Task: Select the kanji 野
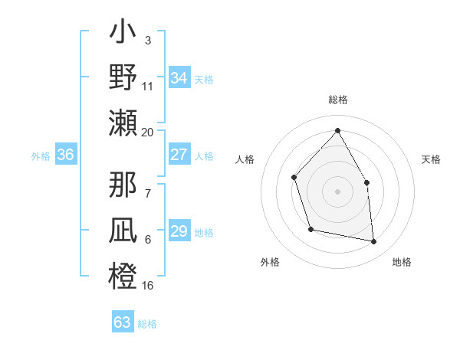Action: coord(123,79)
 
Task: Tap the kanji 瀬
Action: coord(123,123)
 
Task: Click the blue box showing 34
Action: coord(179,78)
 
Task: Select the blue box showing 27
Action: coord(179,155)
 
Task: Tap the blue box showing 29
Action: coord(179,231)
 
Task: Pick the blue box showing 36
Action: coord(65,155)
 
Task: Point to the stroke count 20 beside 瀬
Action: coord(148,132)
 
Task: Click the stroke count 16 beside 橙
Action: coord(148,286)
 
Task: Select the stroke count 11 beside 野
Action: coord(148,87)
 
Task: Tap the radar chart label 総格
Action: coord(337,100)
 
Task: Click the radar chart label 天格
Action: coord(432,159)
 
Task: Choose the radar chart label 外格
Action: coord(270,262)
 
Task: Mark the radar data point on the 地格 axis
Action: coord(374,242)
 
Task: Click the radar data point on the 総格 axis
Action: coord(337,130)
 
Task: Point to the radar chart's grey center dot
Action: coord(337,191)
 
